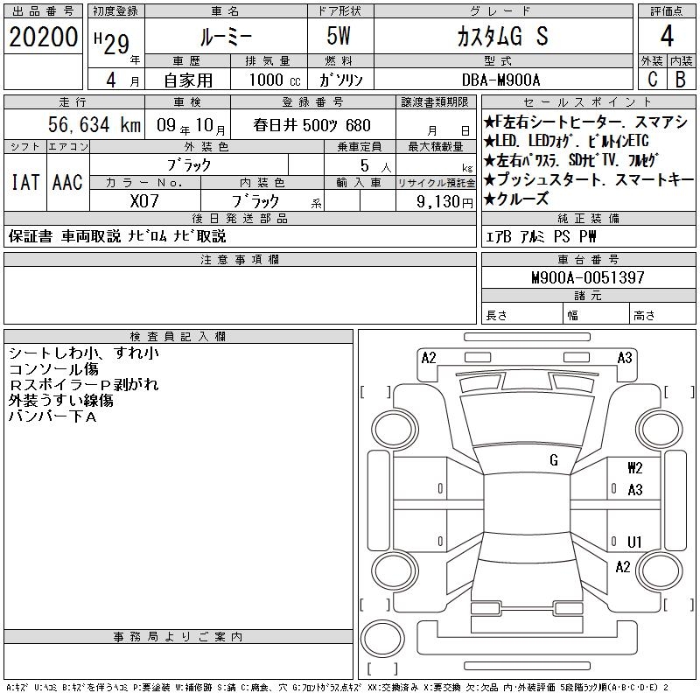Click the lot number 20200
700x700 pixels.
[43, 37]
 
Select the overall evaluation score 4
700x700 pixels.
[667, 36]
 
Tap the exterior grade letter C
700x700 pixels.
[652, 79]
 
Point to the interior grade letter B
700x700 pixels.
[681, 79]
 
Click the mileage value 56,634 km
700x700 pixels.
[94, 124]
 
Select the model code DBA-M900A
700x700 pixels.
[500, 80]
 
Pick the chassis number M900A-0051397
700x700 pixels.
[588, 277]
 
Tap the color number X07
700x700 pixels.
[144, 201]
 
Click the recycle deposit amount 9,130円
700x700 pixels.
[444, 202]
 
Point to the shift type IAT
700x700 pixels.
[25, 182]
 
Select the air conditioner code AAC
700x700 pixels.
[67, 182]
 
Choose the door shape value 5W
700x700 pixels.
[339, 36]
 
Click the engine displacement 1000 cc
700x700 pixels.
[275, 80]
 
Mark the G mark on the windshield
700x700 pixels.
[554, 460]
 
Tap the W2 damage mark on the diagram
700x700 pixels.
[635, 468]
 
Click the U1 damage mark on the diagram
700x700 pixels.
[634, 542]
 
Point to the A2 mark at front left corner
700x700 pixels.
[429, 358]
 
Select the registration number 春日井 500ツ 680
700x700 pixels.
[312, 125]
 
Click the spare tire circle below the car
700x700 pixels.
[382, 638]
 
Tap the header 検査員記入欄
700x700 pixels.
[178, 337]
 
